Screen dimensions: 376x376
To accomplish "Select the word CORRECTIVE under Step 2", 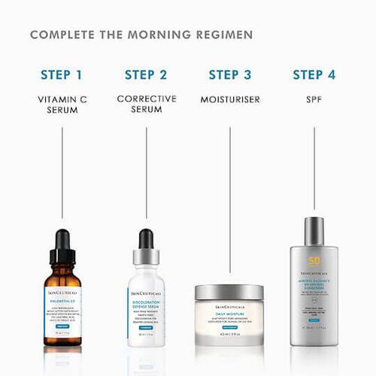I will pyautogui.click(x=146, y=99).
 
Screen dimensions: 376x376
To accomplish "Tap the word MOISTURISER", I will pyautogui.click(x=230, y=99).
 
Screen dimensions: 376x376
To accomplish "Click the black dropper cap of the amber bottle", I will pyautogui.click(x=62, y=244).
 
